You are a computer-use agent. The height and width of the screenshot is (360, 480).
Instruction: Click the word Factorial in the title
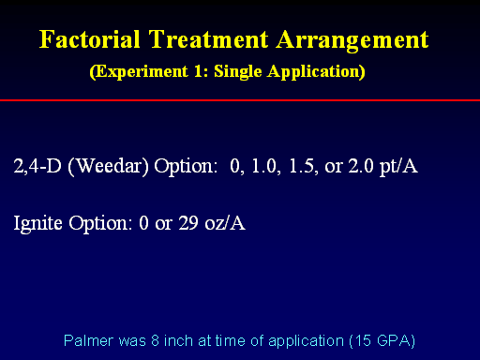[89, 39]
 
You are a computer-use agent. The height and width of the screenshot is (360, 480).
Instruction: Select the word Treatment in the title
[208, 39]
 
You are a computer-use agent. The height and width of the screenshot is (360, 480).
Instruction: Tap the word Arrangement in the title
[352, 40]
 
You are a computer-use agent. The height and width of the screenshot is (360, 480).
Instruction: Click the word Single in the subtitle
[238, 72]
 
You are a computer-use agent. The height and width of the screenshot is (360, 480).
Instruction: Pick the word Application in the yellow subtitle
[314, 72]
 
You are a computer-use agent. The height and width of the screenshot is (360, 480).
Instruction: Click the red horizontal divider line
[240, 100]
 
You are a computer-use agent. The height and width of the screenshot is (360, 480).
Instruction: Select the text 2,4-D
[37, 166]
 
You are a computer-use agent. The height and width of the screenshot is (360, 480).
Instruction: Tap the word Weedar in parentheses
[108, 166]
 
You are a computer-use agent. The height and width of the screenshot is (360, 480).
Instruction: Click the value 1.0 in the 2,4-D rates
[264, 166]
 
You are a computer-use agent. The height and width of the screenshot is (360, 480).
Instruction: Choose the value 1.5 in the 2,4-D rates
[301, 166]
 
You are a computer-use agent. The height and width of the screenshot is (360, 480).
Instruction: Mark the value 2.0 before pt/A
[361, 166]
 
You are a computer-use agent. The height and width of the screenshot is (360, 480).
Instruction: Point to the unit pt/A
[398, 166]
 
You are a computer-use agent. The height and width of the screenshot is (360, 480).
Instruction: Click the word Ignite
[37, 224]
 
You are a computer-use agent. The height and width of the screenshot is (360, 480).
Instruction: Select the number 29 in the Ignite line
[188, 223]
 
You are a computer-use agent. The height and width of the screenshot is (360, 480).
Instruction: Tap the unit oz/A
[225, 223]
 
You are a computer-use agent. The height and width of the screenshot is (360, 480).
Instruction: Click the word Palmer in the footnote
[88, 340]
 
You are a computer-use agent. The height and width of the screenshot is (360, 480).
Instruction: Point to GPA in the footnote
[393, 340]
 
